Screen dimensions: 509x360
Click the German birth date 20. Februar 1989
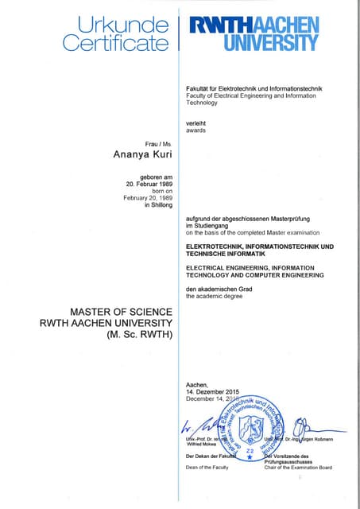(149, 184)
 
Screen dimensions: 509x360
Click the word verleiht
(197, 122)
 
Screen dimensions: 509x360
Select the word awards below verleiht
(196, 130)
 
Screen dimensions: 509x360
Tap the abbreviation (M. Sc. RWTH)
(139, 335)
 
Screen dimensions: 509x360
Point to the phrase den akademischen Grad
(219, 289)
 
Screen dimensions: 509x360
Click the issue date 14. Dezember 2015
(212, 393)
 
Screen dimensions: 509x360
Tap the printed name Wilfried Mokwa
(202, 445)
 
